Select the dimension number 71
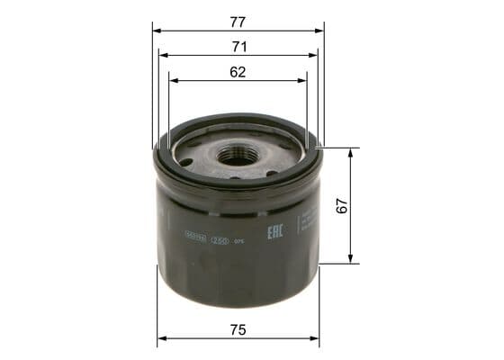tap(238, 45)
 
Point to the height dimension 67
tap(341, 205)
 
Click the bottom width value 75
tap(238, 329)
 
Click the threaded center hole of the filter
tap(236, 154)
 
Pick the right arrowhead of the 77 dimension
tap(319, 30)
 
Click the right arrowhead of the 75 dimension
tap(316, 340)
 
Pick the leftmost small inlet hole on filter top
tap(185, 162)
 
